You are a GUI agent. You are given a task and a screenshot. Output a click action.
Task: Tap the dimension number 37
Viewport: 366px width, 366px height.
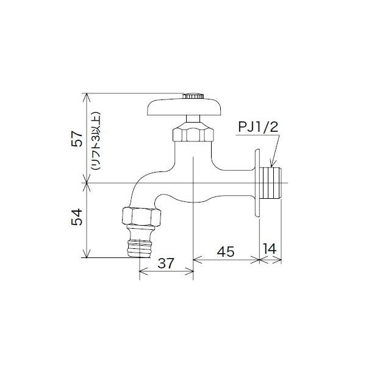[166, 264]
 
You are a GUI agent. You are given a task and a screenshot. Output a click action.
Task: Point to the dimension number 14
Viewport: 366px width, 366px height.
[271, 249]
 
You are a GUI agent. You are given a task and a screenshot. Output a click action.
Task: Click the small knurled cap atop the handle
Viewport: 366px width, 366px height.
[193, 96]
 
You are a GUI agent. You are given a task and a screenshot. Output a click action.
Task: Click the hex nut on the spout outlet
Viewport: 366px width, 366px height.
[142, 216]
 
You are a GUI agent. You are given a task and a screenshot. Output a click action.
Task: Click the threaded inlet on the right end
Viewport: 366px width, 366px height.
[273, 182]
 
